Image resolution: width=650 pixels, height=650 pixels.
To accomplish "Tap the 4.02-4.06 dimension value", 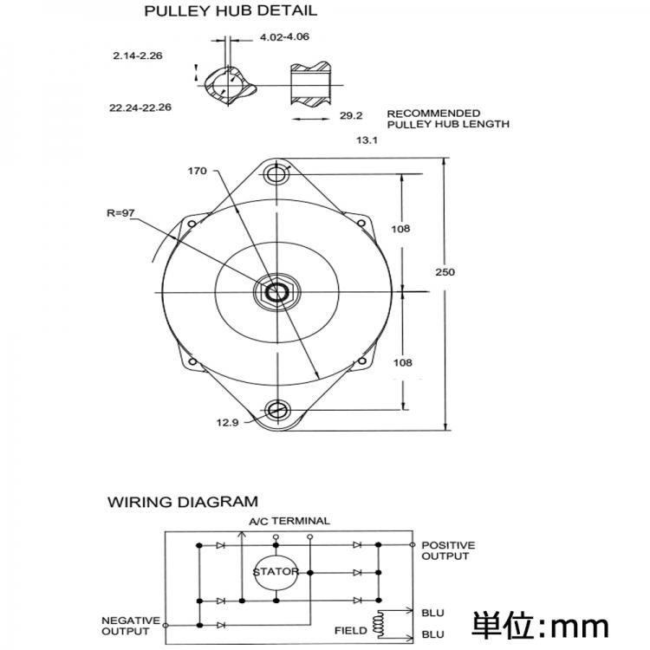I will click(283, 36).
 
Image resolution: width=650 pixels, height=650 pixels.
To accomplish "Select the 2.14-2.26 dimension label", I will click(138, 55).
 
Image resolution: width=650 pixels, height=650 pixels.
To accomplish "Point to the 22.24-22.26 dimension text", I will click(140, 108).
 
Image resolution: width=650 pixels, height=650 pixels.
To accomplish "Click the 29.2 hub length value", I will click(350, 114).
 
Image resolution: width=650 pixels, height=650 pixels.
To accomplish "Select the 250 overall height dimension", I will click(445, 272).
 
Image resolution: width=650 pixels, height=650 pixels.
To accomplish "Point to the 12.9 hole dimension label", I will click(226, 422).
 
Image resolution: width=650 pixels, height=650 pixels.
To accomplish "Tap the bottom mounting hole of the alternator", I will click(278, 409).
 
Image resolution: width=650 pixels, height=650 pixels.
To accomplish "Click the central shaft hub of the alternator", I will click(278, 292).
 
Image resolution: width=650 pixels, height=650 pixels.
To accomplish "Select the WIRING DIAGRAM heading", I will click(182, 502).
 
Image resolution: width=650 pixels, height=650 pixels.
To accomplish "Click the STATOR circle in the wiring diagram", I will click(276, 572).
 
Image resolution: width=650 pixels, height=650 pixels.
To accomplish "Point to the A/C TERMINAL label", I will click(289, 521).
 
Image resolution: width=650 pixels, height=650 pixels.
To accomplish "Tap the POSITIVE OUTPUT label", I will click(447, 550).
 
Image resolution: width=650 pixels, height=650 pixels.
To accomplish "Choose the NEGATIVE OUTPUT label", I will click(131, 626).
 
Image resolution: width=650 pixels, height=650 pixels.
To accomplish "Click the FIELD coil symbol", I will click(378, 622).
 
